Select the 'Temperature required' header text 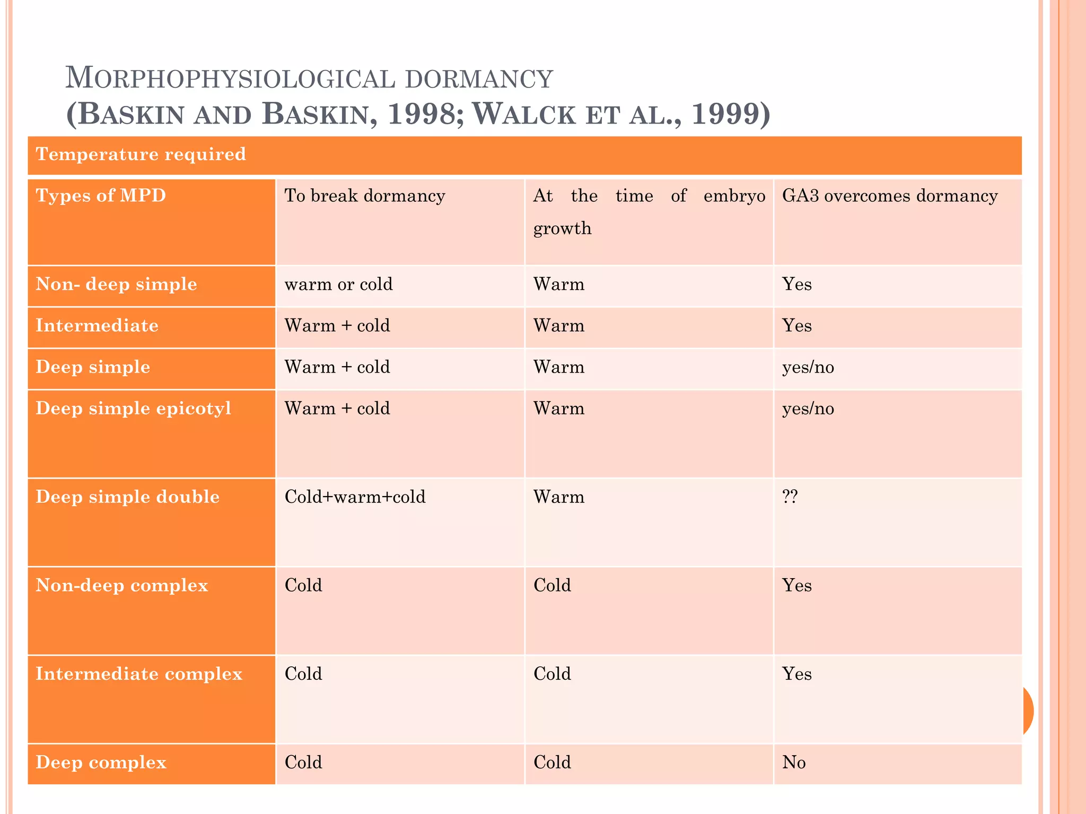[141, 154]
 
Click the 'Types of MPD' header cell [101, 196]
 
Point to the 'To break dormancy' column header [365, 196]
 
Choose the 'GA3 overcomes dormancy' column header [890, 196]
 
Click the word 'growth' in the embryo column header [562, 228]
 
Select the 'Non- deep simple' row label [116, 284]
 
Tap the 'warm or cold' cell [338, 284]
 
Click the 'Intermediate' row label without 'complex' [97, 325]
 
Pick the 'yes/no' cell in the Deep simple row [808, 367]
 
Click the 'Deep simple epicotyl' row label [133, 408]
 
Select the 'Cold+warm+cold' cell [355, 497]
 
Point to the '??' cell [790, 497]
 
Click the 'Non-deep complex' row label [121, 585]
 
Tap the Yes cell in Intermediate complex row [796, 674]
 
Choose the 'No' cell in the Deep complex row [794, 762]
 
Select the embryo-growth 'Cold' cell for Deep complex [552, 762]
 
